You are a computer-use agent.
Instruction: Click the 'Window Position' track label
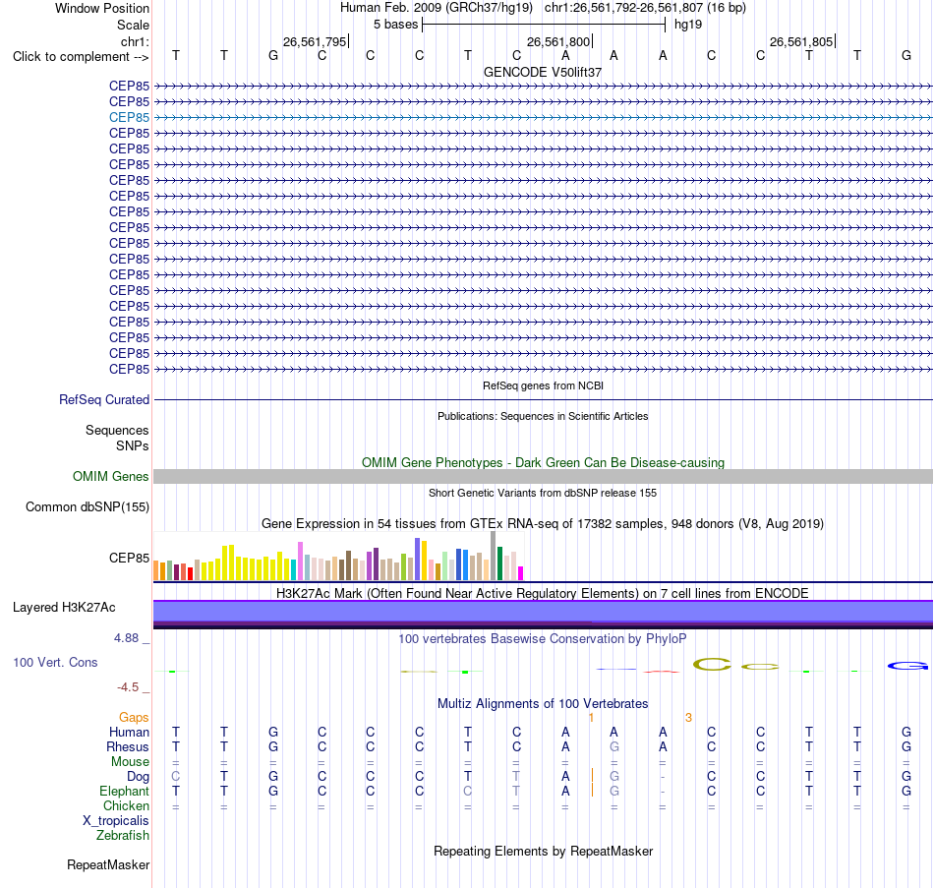pos(102,8)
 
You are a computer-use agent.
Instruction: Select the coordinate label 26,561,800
pos(558,41)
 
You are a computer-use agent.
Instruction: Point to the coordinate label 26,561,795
pos(315,41)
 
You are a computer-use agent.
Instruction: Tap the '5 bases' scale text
pos(395,25)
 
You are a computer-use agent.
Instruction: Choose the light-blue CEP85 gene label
pos(129,117)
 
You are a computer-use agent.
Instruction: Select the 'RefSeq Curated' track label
pos(103,400)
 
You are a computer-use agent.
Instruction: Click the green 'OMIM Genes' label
pos(110,476)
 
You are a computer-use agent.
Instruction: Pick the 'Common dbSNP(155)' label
pos(87,507)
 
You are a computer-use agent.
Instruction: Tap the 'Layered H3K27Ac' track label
pos(64,608)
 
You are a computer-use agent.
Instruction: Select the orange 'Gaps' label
pos(134,718)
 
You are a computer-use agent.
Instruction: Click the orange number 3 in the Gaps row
pos(688,718)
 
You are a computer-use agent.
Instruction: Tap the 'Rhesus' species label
pos(128,746)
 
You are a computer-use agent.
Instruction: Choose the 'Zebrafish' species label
pos(123,836)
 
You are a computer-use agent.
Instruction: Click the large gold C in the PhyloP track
pos(713,664)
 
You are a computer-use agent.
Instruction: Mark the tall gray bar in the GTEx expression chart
pos(494,556)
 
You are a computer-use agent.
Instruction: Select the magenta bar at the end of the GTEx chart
pos(521,573)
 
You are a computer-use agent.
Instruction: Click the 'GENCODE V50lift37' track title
pos(543,72)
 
